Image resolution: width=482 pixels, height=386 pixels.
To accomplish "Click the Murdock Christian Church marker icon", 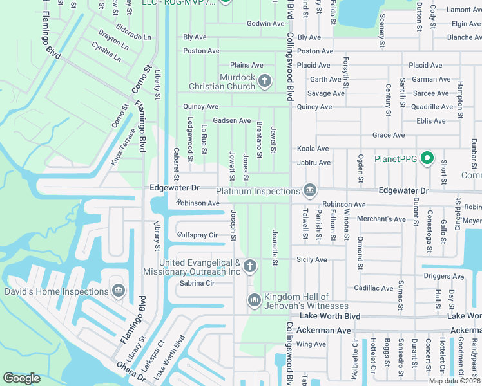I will pyautogui.click(x=264, y=80).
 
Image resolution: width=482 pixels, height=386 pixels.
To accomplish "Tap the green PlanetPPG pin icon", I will pyautogui.click(x=427, y=158).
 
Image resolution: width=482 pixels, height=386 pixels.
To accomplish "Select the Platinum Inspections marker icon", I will pyautogui.click(x=310, y=190).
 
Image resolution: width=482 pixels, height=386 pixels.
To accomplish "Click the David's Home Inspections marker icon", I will pyautogui.click(x=118, y=291).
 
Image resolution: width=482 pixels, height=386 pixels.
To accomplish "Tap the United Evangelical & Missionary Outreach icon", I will pyautogui.click(x=251, y=266).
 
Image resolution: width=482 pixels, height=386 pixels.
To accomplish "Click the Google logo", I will pyautogui.click(x=21, y=378).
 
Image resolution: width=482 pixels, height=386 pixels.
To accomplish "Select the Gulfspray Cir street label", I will pyautogui.click(x=197, y=235).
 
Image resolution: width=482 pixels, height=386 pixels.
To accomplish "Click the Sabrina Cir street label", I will pyautogui.click(x=197, y=283).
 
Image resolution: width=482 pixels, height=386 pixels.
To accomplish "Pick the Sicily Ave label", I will pyautogui.click(x=312, y=260).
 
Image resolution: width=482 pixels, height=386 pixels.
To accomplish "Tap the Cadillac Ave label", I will pyautogui.click(x=373, y=288).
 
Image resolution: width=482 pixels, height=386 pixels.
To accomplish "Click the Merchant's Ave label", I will pyautogui.click(x=382, y=219).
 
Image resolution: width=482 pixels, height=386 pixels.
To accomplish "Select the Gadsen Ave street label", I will pyautogui.click(x=232, y=120).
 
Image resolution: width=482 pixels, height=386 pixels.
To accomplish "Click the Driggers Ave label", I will pyautogui.click(x=443, y=277).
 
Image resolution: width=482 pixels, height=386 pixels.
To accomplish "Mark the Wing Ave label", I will pyautogui.click(x=311, y=344).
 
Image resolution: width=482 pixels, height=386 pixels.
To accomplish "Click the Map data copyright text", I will pyautogui.click(x=454, y=381).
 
